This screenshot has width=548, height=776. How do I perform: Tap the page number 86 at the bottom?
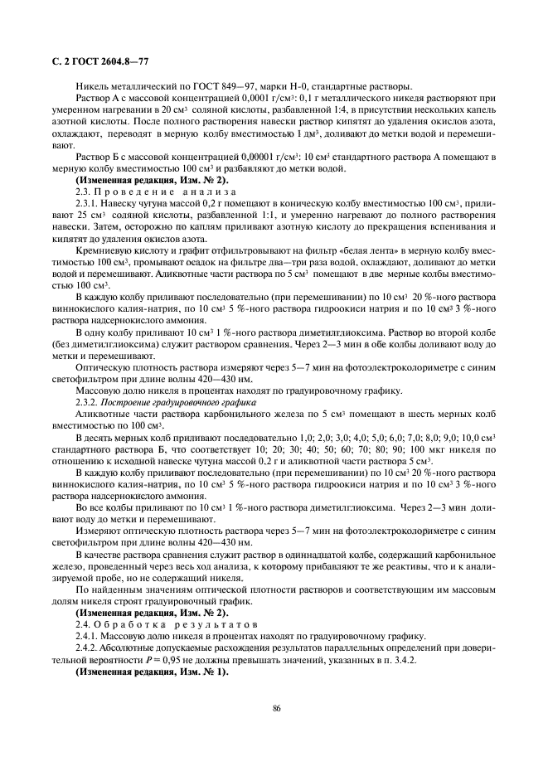pyautogui.click(x=274, y=707)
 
